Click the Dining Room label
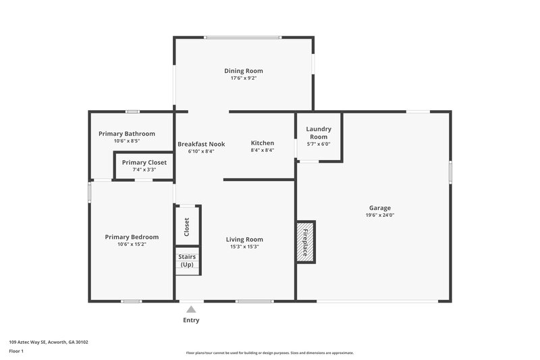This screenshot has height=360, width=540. pos(244,71)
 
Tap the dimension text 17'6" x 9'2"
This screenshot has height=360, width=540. pos(244,78)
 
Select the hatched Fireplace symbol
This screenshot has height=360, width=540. pos(306,241)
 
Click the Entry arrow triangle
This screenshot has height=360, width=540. pos(191,309)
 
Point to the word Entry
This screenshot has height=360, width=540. pos(191,320)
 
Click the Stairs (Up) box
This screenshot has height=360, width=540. pos(187,261)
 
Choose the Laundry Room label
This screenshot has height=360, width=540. pos(318,132)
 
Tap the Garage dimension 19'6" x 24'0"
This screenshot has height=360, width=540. pos(379,215)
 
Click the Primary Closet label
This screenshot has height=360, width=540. pos(144,162)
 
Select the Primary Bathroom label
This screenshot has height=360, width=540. pos(127,134)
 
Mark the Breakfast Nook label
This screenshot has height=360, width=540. pos(201,144)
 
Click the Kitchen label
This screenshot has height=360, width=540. pos(263,143)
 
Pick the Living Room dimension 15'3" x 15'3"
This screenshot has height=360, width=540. pos(244,247)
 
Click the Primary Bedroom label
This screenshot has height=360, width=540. pos(132,237)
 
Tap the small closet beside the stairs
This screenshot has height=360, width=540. pos(187,226)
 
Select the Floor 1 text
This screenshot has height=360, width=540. pos(17,352)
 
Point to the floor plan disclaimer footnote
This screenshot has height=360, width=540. pos(269,353)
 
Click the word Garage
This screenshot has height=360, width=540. pos(379,208)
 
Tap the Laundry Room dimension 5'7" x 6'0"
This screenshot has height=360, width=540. pos(318,144)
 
